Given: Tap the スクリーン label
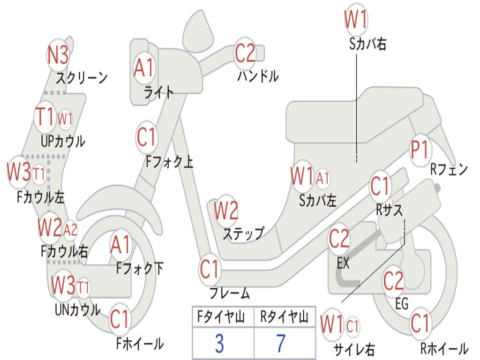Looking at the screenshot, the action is tap(82, 78).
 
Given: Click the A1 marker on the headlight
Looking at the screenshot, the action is tap(143, 67).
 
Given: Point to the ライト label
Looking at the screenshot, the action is tap(159, 92).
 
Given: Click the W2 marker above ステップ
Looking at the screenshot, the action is tap(226, 210).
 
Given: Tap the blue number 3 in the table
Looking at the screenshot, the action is tap(219, 343).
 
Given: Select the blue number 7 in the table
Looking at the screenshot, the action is tap(281, 343).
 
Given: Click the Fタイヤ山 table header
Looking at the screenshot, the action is tap(221, 316).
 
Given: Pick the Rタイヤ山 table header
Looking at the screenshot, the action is tap(284, 316).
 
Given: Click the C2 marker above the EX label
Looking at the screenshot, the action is tap(339, 239).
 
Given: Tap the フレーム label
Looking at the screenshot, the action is tap(230, 293).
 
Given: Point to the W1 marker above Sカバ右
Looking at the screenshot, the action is tap(356, 19).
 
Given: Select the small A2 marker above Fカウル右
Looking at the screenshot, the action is tap(70, 230).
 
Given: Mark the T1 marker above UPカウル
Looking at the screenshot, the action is tap(45, 117).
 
